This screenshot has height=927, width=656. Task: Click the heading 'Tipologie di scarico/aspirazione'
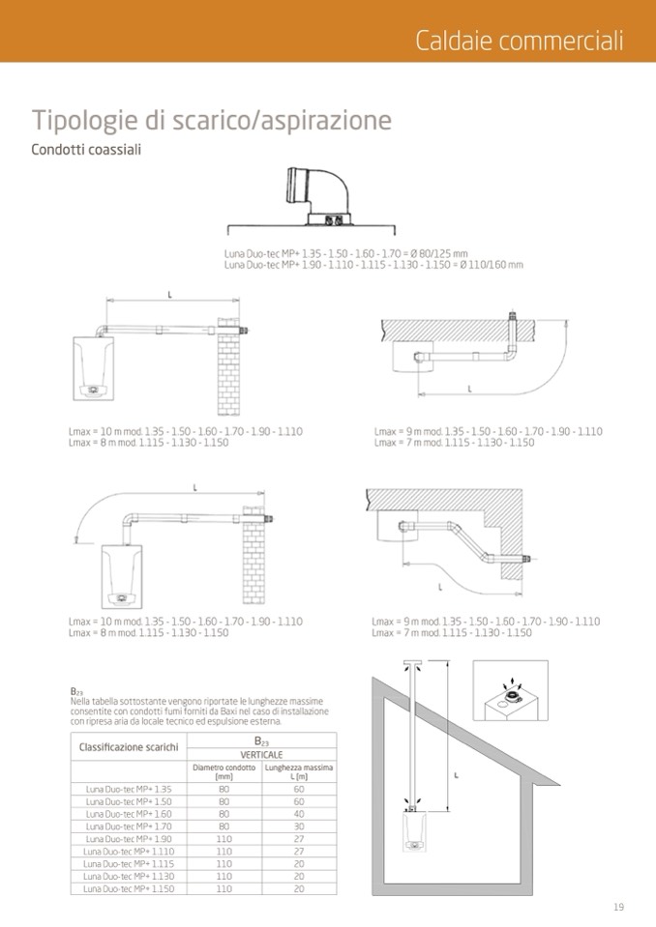click(x=212, y=121)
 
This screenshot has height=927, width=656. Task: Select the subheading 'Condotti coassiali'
click(x=86, y=150)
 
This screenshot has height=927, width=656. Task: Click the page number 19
click(x=618, y=906)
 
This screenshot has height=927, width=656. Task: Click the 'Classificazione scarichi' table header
click(x=129, y=747)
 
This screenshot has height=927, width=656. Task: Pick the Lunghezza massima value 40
click(x=299, y=813)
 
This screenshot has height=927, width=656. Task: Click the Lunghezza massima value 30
click(x=299, y=826)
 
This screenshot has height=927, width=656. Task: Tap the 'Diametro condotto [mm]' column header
click(x=224, y=771)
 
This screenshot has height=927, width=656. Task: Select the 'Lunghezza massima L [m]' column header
click(x=299, y=771)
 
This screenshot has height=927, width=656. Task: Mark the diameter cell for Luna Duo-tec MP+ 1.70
click(x=224, y=826)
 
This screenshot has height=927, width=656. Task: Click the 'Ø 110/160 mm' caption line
click(x=373, y=264)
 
